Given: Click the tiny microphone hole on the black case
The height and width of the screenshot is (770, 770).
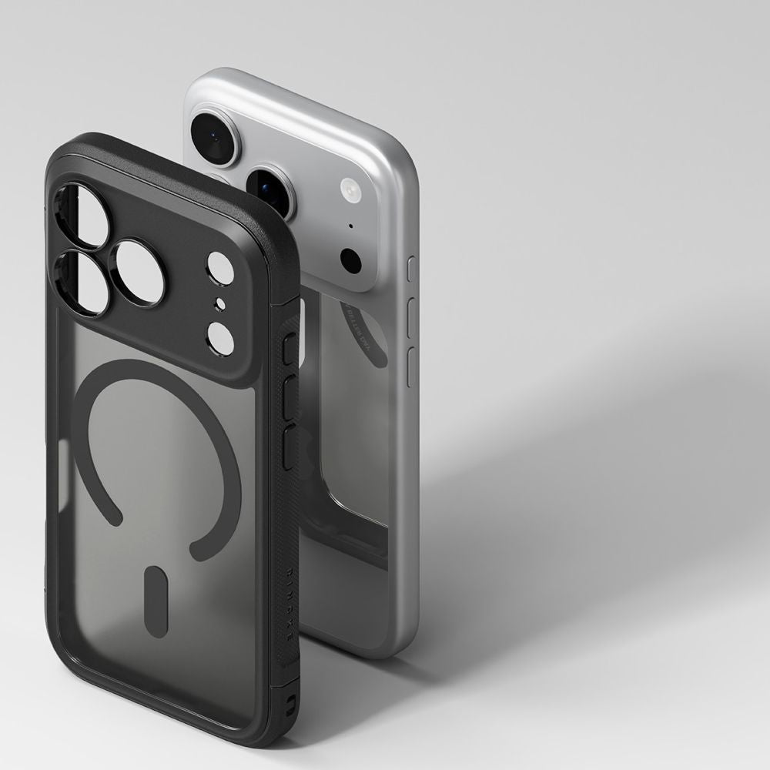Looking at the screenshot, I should [219, 302].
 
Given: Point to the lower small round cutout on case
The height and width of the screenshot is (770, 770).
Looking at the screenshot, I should [220, 337].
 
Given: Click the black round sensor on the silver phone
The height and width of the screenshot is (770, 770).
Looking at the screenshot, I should [350, 261].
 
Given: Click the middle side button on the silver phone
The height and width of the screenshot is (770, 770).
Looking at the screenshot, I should [410, 316].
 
